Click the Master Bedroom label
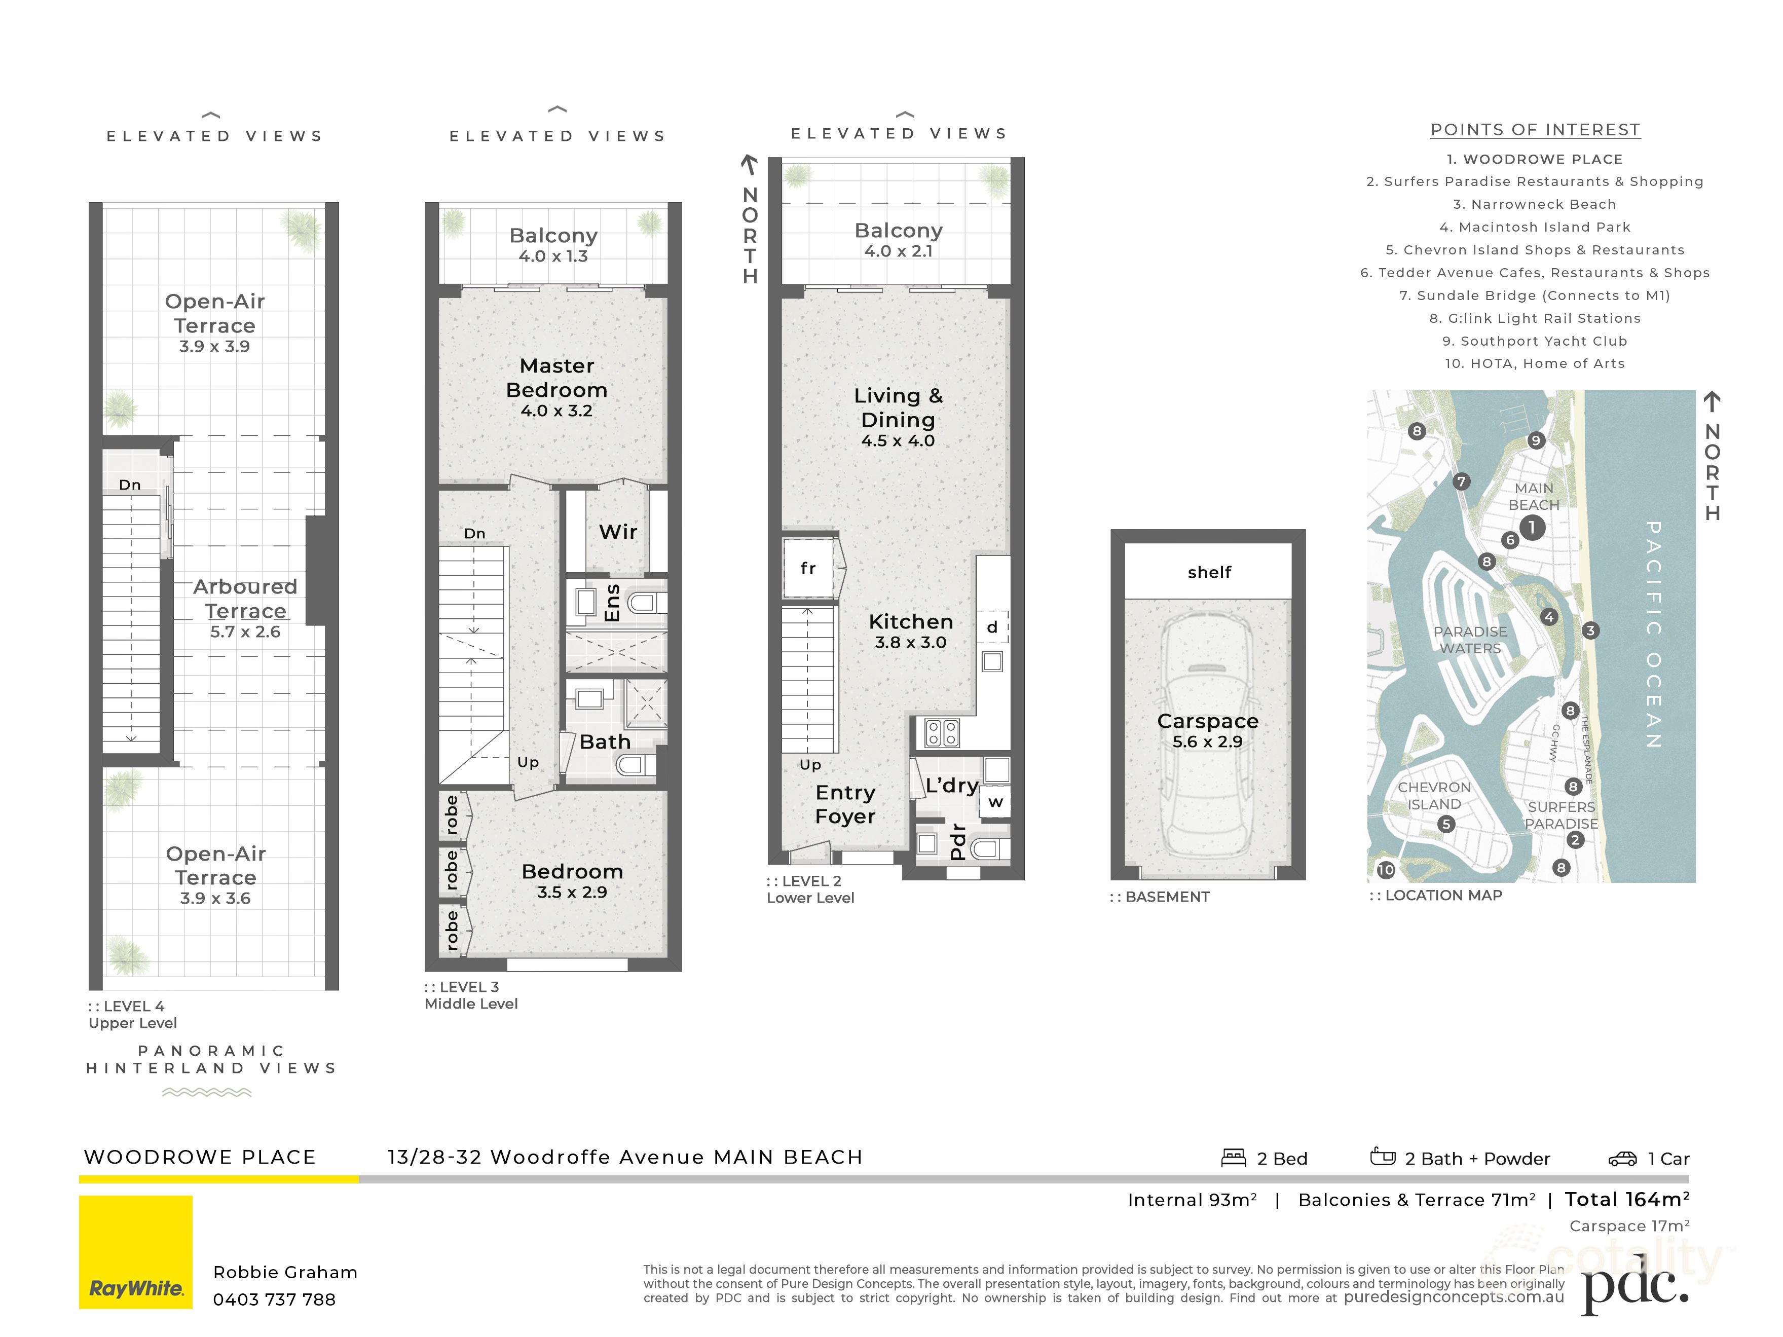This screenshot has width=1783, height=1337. coord(556,378)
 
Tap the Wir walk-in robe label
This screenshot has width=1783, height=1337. coord(618,532)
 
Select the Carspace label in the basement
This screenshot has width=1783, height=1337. coord(1207,721)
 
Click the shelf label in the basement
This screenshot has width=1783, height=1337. coord(1209,572)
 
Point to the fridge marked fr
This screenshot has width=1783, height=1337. coord(808,568)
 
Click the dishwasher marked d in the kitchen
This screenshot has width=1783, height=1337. coord(992,627)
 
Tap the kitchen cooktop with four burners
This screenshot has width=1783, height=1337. coord(942,732)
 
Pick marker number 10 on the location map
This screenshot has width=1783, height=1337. coord(1386,870)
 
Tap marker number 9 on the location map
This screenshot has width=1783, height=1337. coord(1536,440)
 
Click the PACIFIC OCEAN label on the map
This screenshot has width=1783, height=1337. coord(1653,634)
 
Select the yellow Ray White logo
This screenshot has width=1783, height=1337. coord(135,1252)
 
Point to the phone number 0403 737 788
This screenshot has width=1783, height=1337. coord(274,1299)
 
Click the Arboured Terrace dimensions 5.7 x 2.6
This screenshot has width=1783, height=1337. coord(245,632)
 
